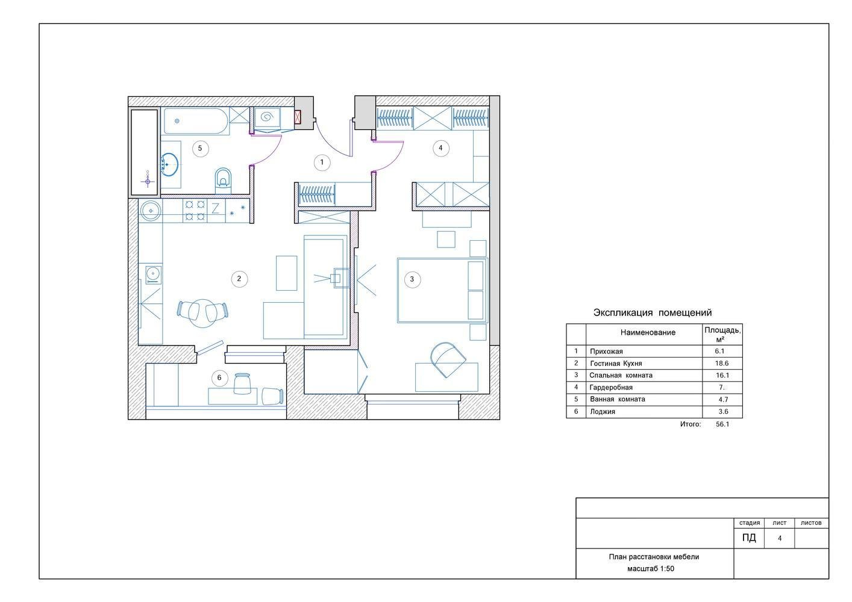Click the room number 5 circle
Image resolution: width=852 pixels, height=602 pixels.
(x=200, y=148)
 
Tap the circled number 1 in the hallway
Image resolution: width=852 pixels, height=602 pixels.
(x=322, y=163)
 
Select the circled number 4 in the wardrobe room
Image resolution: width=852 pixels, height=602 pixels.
(x=441, y=148)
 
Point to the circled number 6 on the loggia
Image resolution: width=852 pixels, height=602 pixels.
(x=219, y=378)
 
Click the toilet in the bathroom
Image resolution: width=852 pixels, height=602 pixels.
(x=224, y=181)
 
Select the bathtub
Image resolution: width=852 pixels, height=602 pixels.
(x=196, y=121)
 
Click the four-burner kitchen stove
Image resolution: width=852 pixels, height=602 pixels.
(x=195, y=211)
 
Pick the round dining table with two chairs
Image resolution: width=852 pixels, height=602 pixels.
(x=203, y=314)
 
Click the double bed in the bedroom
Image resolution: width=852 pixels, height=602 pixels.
(x=442, y=291)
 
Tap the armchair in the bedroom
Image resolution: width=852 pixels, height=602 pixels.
(x=448, y=359)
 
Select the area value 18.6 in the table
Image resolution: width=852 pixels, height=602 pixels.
(x=722, y=364)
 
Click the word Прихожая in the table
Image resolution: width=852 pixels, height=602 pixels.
(x=606, y=352)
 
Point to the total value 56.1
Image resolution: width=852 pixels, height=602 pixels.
(x=722, y=424)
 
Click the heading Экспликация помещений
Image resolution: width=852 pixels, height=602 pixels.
(x=653, y=313)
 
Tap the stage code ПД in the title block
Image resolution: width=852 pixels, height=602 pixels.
(x=749, y=538)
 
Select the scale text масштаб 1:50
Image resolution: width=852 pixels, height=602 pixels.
(x=651, y=569)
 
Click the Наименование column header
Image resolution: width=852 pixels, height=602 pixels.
(x=648, y=332)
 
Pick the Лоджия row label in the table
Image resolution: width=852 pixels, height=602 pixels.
(x=603, y=412)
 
